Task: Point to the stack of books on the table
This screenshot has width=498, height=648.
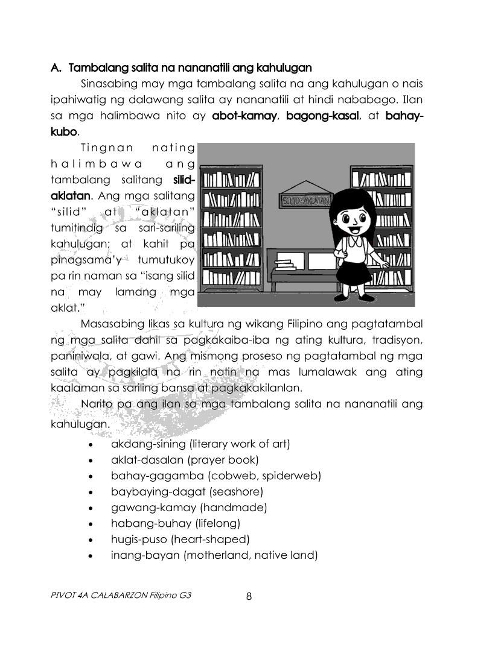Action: click(284, 264)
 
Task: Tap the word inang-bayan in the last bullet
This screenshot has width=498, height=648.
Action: click(145, 555)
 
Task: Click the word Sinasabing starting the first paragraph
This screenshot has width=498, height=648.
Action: click(109, 83)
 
